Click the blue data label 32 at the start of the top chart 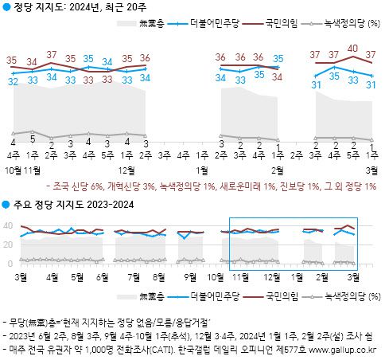pyautogui.click(x=13, y=81)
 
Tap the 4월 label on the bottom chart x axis pyautogui.click(x=53, y=277)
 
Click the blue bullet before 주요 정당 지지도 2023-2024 pyautogui.click(x=6, y=205)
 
